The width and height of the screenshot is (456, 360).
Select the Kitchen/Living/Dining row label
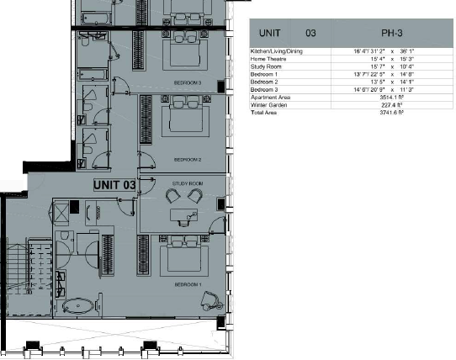[278, 52]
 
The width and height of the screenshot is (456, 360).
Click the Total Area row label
[263, 112]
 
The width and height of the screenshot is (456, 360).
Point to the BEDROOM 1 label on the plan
[187, 285]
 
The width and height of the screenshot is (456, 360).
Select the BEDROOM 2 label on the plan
[187, 158]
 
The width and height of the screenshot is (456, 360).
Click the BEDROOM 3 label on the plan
[187, 83]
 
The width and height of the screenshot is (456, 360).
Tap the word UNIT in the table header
[269, 34]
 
